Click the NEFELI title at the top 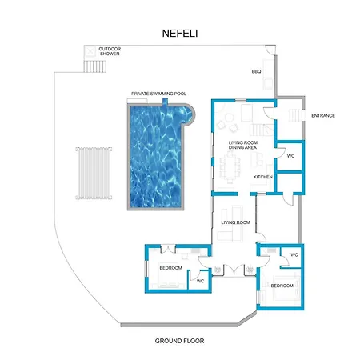coord(180,34)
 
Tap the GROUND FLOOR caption coord(179,341)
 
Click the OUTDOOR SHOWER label coord(110,51)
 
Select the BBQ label coord(256,71)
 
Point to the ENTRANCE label coord(323,115)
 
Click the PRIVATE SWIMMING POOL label coord(158,94)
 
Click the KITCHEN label coord(263,177)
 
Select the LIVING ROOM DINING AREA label coord(243,145)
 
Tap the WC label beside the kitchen coord(290,156)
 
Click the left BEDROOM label coord(170,268)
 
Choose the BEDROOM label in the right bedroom coord(282,286)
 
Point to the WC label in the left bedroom coord(201,281)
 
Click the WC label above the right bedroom coord(294,255)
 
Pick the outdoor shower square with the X coord(90,51)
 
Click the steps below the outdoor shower coord(95,66)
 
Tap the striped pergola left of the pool coord(94,174)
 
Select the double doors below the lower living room coord(234,270)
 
